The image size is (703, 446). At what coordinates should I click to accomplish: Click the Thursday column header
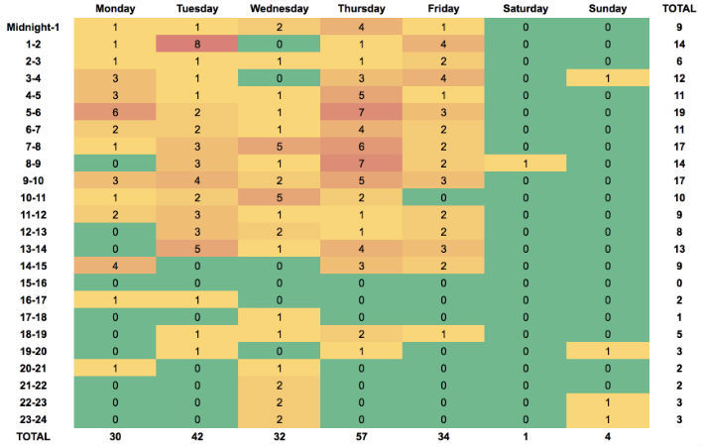point(361,9)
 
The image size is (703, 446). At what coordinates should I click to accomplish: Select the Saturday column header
point(526,9)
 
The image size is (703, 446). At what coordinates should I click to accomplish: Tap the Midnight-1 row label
point(33,28)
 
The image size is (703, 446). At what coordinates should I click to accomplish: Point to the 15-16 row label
point(33,283)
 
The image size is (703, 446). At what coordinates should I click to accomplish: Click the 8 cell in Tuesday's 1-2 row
point(197,45)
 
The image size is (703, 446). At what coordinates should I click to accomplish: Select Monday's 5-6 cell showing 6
point(115,113)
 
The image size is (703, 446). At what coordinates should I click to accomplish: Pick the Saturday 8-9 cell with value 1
point(526,164)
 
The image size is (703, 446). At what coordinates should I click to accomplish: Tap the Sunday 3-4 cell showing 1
point(608,78)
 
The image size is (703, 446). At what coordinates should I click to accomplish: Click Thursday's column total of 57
point(361,437)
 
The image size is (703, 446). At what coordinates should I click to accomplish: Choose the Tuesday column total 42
point(197,437)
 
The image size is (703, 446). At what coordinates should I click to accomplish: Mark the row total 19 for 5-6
point(679,113)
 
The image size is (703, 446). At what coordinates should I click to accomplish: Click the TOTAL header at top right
point(679,9)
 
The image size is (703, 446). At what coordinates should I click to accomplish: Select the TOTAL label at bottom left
point(33,437)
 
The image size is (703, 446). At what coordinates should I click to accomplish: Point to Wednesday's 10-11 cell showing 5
point(280,197)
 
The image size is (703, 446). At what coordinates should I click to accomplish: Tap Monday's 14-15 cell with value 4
point(115,266)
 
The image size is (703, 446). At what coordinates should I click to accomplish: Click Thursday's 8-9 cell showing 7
point(361,164)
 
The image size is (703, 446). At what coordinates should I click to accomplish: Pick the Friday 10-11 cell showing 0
point(443,197)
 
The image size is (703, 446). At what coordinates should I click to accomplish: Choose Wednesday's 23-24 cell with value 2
point(280,419)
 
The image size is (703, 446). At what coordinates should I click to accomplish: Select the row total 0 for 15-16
point(679,283)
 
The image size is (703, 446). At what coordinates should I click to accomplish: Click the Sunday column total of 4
point(608,437)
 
